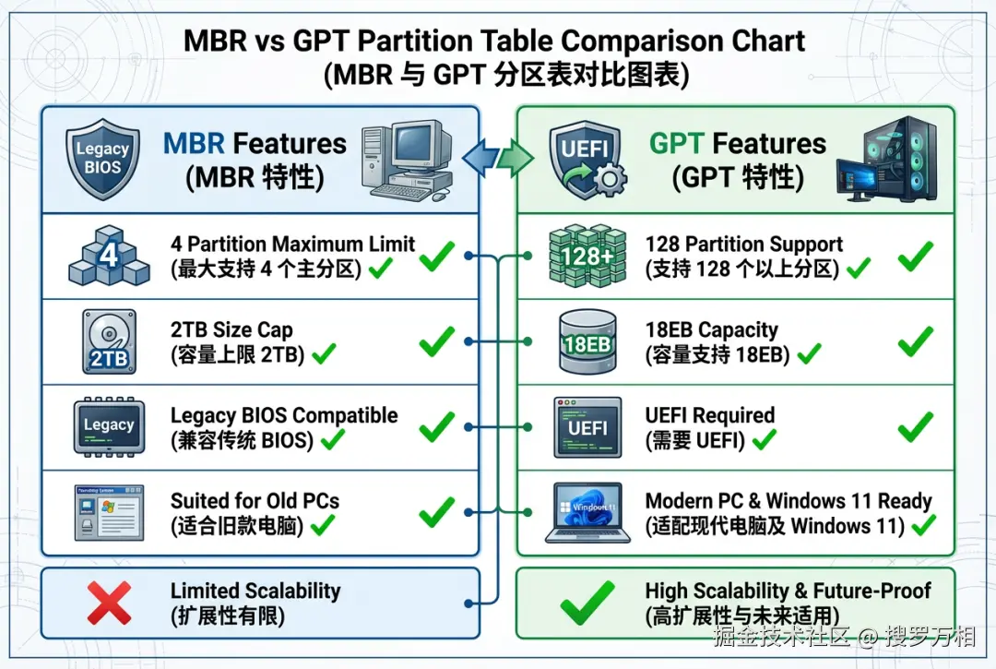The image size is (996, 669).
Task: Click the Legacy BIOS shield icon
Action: point(103,160)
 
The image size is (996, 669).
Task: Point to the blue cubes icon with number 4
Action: point(109,255)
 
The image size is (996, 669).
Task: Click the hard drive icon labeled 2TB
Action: point(109,340)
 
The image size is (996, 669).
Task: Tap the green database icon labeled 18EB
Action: point(587,341)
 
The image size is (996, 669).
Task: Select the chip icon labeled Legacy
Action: point(109,425)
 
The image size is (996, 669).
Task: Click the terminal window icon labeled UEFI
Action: point(587,427)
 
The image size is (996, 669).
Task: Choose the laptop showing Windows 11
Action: point(587,511)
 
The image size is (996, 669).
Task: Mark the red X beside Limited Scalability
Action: point(109,603)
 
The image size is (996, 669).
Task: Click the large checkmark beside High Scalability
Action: point(587,603)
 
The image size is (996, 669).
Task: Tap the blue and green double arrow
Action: point(496,158)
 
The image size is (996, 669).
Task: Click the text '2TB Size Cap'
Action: point(231,329)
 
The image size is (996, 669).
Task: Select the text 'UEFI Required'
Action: point(709,415)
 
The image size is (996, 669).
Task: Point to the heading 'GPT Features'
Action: point(738,144)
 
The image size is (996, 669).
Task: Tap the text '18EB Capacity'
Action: point(711,329)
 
